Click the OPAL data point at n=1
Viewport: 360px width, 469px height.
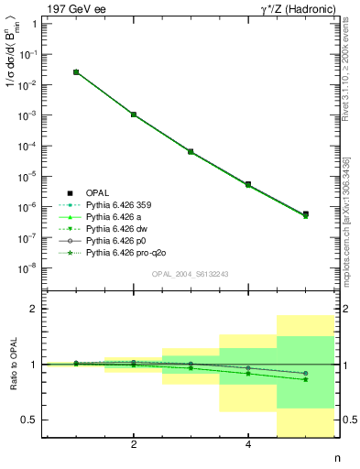(76, 71)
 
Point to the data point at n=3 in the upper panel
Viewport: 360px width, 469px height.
(191, 151)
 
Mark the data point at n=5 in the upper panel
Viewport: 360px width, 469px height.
(305, 214)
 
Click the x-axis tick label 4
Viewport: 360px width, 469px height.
(248, 445)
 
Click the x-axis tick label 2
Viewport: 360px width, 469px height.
(134, 445)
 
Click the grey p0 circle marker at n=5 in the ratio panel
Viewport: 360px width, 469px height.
(305, 373)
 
